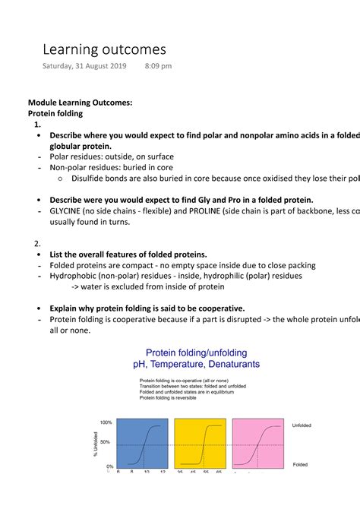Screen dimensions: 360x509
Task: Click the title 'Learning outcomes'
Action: (103, 49)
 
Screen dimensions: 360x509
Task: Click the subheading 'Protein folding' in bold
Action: (55, 113)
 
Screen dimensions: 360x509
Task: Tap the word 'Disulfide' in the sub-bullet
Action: (92, 179)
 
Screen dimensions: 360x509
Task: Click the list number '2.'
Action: (37, 243)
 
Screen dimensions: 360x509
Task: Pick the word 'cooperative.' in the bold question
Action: (217, 308)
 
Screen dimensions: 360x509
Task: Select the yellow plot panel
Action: (200, 444)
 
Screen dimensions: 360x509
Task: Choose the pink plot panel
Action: (257, 444)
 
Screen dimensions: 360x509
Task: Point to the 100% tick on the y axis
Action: (106, 422)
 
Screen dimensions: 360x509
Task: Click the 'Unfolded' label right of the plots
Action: (302, 425)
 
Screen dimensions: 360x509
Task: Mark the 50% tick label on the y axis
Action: (106, 441)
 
